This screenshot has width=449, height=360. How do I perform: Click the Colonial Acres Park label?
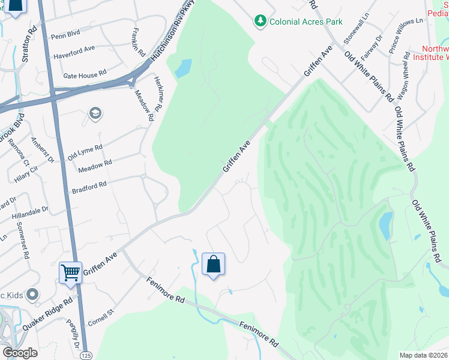[306, 22]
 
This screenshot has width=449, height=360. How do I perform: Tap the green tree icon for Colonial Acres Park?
[260, 22]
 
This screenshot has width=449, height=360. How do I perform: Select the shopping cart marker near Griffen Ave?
[70, 273]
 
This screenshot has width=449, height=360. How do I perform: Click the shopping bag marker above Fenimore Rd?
[213, 264]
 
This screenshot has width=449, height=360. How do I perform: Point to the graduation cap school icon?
[95, 113]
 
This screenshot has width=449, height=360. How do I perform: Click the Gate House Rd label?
[85, 75]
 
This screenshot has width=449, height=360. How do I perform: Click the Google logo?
[19, 353]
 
